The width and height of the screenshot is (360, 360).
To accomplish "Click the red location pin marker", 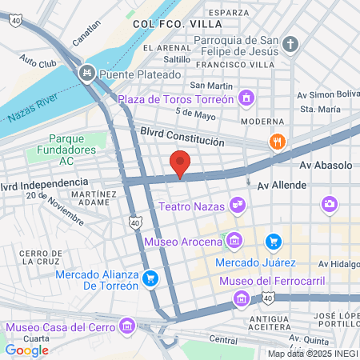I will (180, 163).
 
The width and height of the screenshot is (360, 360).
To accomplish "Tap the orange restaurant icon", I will (278, 142).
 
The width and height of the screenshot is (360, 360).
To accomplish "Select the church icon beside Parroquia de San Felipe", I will (291, 44).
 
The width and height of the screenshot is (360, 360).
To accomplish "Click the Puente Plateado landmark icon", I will (86, 74).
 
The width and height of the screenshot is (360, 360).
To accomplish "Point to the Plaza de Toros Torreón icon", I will (248, 100).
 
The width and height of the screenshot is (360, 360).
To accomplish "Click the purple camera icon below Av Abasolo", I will (328, 205).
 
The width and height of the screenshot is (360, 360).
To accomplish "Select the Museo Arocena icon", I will (234, 240).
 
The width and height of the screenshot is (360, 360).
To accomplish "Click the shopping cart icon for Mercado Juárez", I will (274, 241).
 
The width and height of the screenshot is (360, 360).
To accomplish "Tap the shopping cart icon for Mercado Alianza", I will (150, 279).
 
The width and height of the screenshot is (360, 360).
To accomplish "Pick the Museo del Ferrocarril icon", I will (241, 298).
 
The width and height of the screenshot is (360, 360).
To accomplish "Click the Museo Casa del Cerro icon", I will (126, 326).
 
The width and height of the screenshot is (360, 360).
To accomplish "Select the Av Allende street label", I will (326, 185).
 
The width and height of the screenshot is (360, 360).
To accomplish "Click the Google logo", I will (27, 350).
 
